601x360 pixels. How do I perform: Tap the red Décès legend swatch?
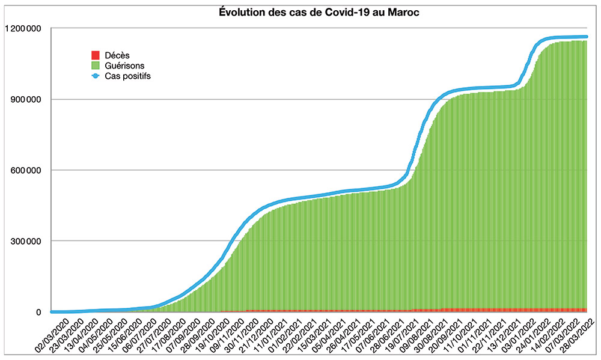click(x=95, y=55)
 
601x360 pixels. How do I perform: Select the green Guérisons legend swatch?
click(x=95, y=65)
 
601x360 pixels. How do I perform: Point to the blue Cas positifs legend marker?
click(x=95, y=76)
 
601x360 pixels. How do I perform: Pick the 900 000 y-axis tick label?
click(x=25, y=99)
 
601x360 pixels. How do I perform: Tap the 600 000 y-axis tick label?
click(x=25, y=170)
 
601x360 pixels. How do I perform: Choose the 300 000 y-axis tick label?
click(x=25, y=241)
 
